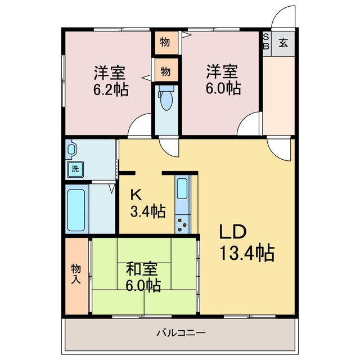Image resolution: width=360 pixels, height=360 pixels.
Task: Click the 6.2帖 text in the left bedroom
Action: (110, 89)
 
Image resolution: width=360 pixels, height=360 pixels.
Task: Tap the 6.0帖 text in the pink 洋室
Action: (222, 88)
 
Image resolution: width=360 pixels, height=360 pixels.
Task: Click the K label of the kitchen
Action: (135, 195)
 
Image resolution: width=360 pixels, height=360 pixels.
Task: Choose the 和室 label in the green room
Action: (142, 268)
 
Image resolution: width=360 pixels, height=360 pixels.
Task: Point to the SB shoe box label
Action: (266, 42)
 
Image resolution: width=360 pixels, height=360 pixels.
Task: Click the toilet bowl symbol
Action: (166, 101)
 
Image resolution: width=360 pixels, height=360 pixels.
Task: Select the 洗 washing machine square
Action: (74, 168)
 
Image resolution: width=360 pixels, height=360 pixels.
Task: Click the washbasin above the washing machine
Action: (72, 150)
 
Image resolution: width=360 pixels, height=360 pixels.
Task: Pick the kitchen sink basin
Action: (183, 189)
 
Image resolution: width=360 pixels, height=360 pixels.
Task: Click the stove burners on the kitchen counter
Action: (183, 224)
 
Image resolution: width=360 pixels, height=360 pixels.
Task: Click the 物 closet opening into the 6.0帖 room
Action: (166, 42)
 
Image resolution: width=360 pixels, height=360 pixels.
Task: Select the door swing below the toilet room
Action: (169, 146)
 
